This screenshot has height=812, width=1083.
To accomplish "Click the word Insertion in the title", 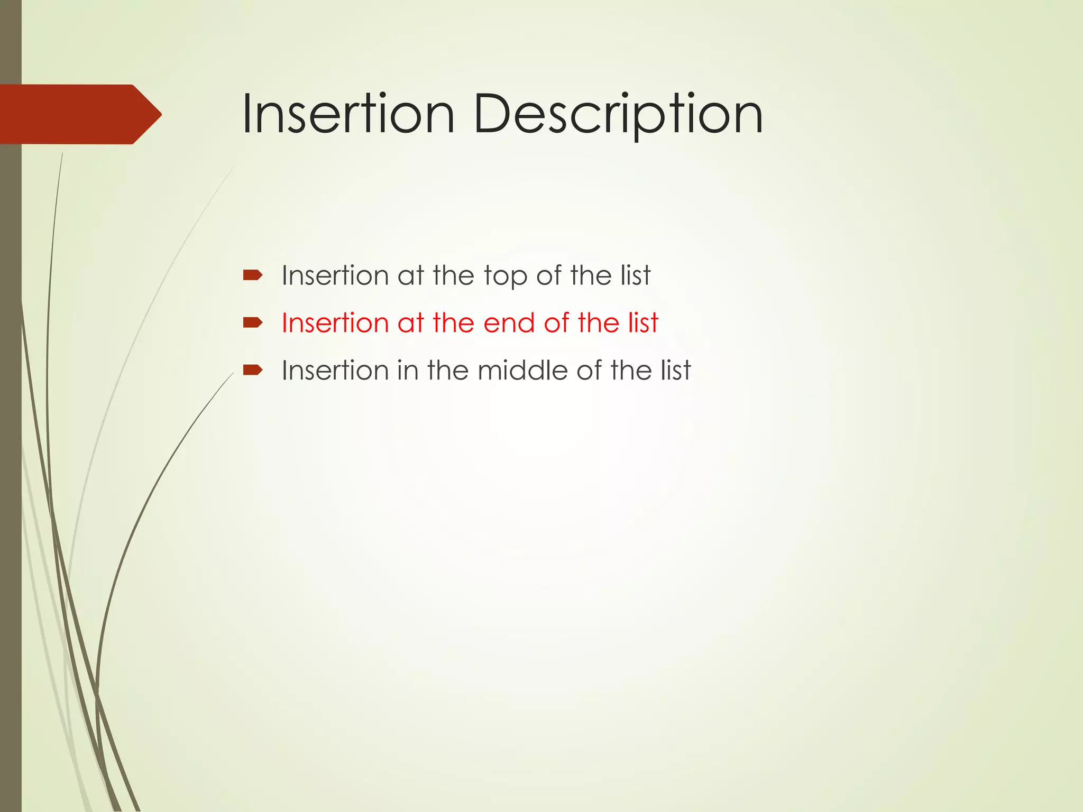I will pyautogui.click(x=347, y=114).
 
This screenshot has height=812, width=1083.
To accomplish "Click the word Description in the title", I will pyautogui.click(x=618, y=114).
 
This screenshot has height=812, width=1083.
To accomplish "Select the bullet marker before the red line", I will pyautogui.click(x=252, y=322).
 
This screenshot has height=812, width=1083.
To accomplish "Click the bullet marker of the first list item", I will pyautogui.click(x=252, y=275).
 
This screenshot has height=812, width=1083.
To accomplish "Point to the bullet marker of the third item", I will pyautogui.click(x=252, y=370).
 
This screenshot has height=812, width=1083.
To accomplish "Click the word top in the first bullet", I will pyautogui.click(x=505, y=276).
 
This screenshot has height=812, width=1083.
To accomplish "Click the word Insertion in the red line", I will pyautogui.click(x=335, y=322).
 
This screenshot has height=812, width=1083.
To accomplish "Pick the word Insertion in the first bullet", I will pyautogui.click(x=335, y=275).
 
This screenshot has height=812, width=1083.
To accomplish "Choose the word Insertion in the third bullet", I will pyautogui.click(x=335, y=370).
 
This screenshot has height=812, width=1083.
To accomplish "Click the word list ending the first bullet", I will pyautogui.click(x=636, y=275).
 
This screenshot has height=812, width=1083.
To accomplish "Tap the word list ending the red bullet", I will pyautogui.click(x=643, y=322).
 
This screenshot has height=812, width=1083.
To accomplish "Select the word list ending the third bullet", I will pyautogui.click(x=676, y=370).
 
